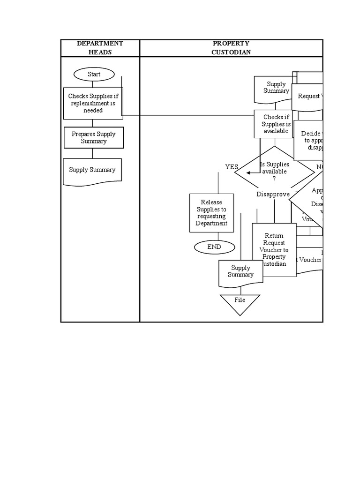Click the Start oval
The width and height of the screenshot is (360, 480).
[x=94, y=74]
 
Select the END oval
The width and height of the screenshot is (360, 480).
[x=214, y=247]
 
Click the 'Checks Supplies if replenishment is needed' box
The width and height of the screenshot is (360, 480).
[x=93, y=103]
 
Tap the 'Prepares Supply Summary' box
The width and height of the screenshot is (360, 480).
[x=94, y=137]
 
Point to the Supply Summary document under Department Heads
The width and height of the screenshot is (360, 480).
[x=92, y=170]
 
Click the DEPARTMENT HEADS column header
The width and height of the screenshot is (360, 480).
[x=100, y=48]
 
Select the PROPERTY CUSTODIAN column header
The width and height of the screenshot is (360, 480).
[x=231, y=48]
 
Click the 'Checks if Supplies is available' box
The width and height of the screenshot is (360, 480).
[x=276, y=124]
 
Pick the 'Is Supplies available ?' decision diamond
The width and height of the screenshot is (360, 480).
[x=274, y=172]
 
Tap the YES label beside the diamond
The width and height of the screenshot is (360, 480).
[x=232, y=167]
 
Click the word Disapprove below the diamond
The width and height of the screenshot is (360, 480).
[x=273, y=194]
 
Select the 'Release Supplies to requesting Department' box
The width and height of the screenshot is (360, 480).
[x=211, y=213]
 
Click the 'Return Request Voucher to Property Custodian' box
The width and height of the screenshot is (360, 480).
[x=274, y=249]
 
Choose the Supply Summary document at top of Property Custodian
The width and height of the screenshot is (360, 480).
[x=276, y=88]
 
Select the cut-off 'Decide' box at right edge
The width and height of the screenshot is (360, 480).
[x=309, y=140]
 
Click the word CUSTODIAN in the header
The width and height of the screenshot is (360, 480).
[x=231, y=52]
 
